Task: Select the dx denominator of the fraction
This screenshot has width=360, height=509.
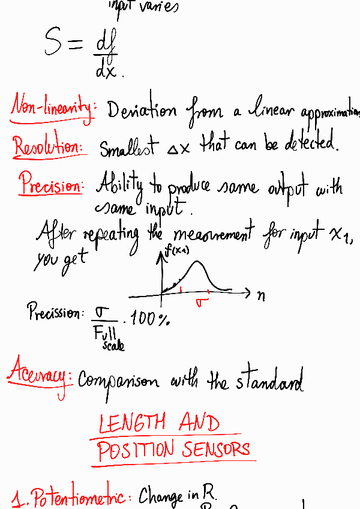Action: (x=107, y=71)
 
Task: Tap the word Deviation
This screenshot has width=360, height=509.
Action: (x=142, y=110)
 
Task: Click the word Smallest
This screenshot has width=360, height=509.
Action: (x=128, y=146)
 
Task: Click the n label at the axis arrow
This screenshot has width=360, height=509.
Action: (x=261, y=296)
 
